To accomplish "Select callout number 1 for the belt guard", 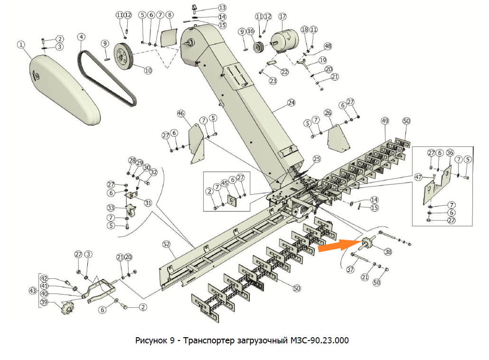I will tap(21, 44).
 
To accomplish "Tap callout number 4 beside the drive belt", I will tap(82, 37).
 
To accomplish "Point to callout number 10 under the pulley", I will tap(148, 70).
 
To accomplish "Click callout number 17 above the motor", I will tap(283, 16).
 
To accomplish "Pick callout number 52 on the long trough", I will tap(166, 244).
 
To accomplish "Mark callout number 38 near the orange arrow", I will tap(388, 252).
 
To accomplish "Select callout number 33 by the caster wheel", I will tap(111, 208).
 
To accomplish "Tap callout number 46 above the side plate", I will tap(180, 114).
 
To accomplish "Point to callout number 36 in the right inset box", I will tap(450, 153).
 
